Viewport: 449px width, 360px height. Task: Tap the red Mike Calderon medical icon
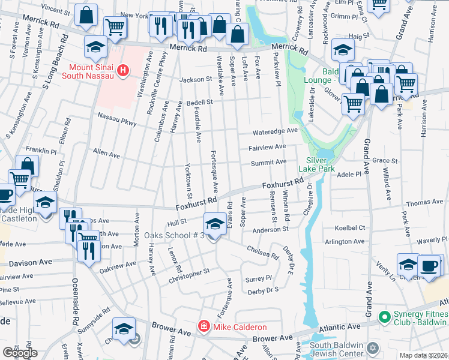click(204, 327)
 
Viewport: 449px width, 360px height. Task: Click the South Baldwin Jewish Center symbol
click(372, 348)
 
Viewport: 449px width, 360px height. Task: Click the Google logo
click(20, 353)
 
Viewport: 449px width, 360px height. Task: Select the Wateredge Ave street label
click(275, 130)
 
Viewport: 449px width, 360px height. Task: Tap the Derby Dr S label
click(263, 290)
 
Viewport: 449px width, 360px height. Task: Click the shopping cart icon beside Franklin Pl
click(20, 179)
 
